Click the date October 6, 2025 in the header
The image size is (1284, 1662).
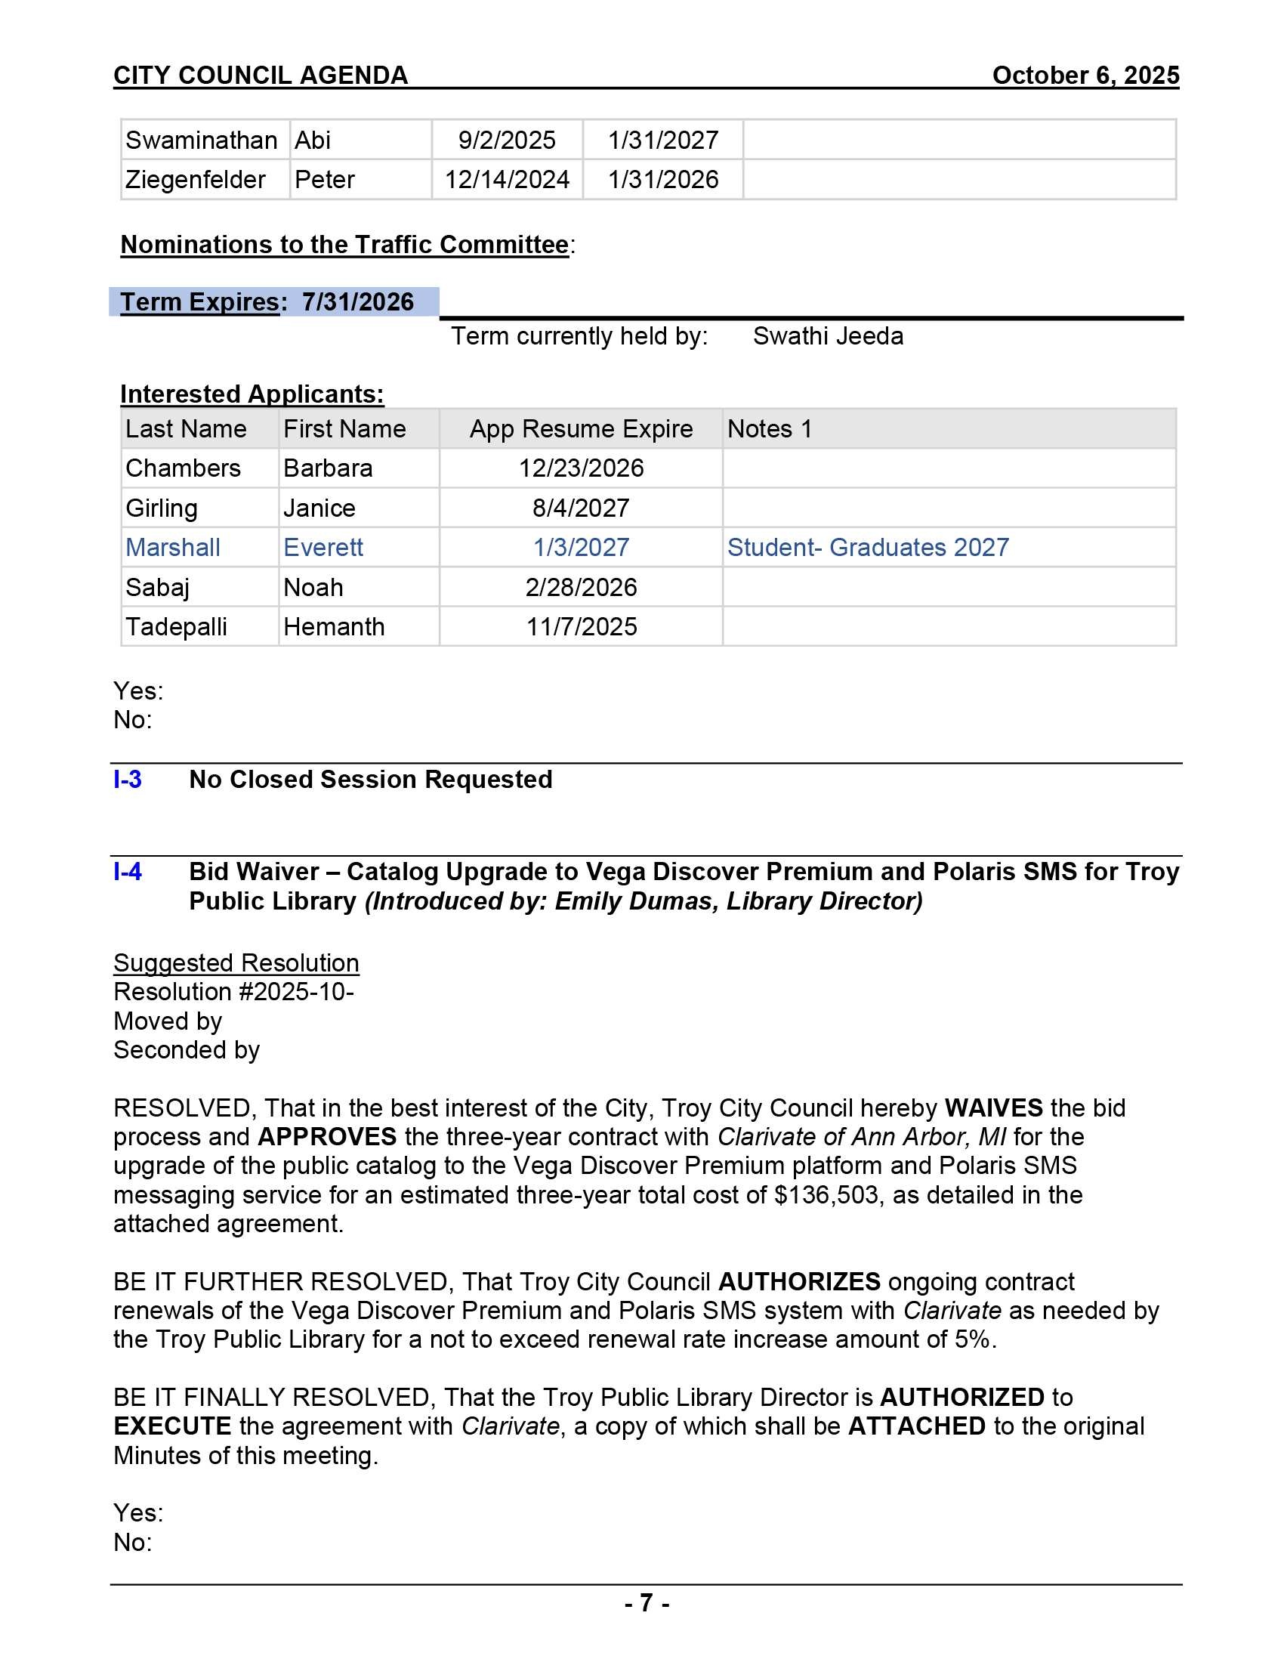tap(1085, 76)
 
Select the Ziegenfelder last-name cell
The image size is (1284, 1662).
tap(195, 180)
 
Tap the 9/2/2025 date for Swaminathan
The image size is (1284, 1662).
tap(507, 140)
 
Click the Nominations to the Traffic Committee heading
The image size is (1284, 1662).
tap(344, 244)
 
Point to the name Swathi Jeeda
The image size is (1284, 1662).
tap(828, 335)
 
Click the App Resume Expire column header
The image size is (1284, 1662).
tap(580, 428)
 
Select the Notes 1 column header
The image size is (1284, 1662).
tap(769, 428)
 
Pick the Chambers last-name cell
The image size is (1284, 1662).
tap(183, 468)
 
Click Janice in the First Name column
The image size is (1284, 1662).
tap(319, 508)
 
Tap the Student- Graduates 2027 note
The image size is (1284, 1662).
tap(867, 547)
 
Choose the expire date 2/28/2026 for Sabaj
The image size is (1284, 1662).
tap(580, 587)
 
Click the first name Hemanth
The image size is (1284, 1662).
tap(333, 626)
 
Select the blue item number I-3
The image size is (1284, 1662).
tap(127, 780)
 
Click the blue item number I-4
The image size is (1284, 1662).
tap(127, 871)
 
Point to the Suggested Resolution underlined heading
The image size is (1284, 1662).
tap(236, 962)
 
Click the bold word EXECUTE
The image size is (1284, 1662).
tap(172, 1426)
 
